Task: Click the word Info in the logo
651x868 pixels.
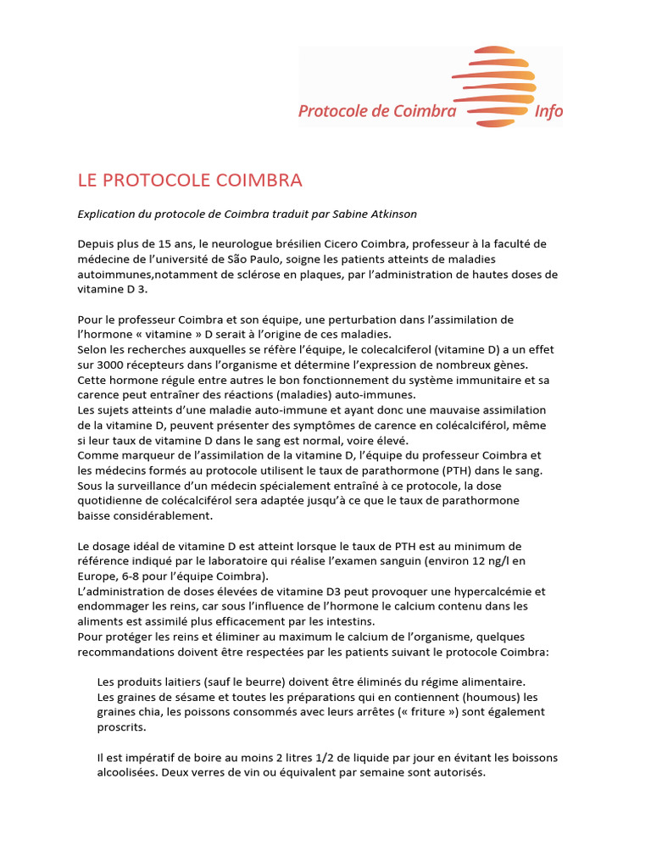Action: pos(548,111)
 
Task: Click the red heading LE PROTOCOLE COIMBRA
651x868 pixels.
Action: pos(190,181)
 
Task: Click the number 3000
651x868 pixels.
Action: pos(111,365)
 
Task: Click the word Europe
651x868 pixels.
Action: pos(97,577)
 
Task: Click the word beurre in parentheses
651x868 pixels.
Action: pos(225,682)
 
